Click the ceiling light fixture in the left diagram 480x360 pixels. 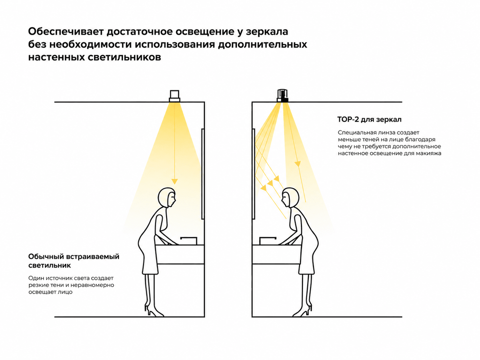point(175,96)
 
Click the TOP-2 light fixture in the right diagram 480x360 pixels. point(283,96)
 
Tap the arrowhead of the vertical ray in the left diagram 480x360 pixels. point(175,181)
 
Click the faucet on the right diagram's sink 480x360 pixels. point(268,240)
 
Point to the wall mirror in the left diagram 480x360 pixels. point(203,174)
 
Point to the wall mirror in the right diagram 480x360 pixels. point(253,174)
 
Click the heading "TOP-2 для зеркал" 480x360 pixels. point(369,120)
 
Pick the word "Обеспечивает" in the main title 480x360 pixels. point(65,32)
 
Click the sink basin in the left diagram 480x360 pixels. point(180,254)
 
